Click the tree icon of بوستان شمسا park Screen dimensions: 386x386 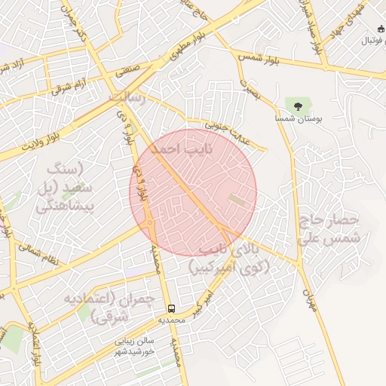click(x=293, y=104)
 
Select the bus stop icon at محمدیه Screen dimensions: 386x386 click(x=171, y=308)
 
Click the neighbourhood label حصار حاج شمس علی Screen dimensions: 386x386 click(x=332, y=229)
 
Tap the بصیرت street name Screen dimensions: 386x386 click(x=250, y=89)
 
